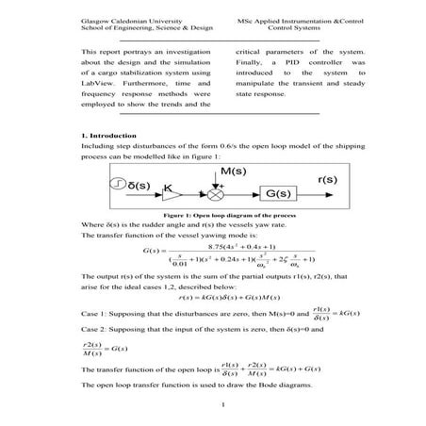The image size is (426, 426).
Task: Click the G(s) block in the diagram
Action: pyautogui.click(x=278, y=194)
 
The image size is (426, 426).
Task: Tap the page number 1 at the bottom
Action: pyautogui.click(x=218, y=406)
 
